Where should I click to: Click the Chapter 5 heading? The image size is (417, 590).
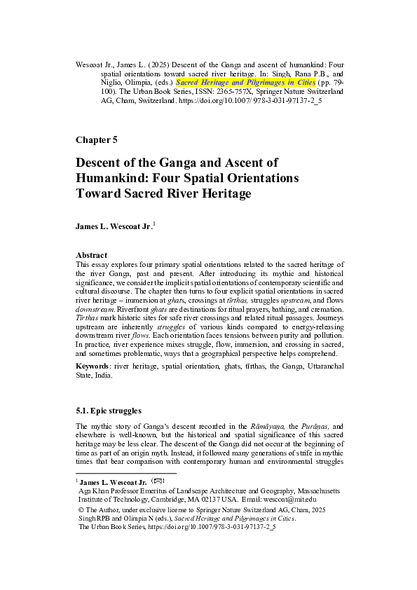coord(97,139)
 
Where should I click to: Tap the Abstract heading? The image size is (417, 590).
coord(92,255)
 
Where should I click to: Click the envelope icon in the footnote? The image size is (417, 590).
coord(159,481)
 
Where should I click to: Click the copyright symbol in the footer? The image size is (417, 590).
coord(81,510)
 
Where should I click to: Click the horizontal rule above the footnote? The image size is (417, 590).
coord(126,474)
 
